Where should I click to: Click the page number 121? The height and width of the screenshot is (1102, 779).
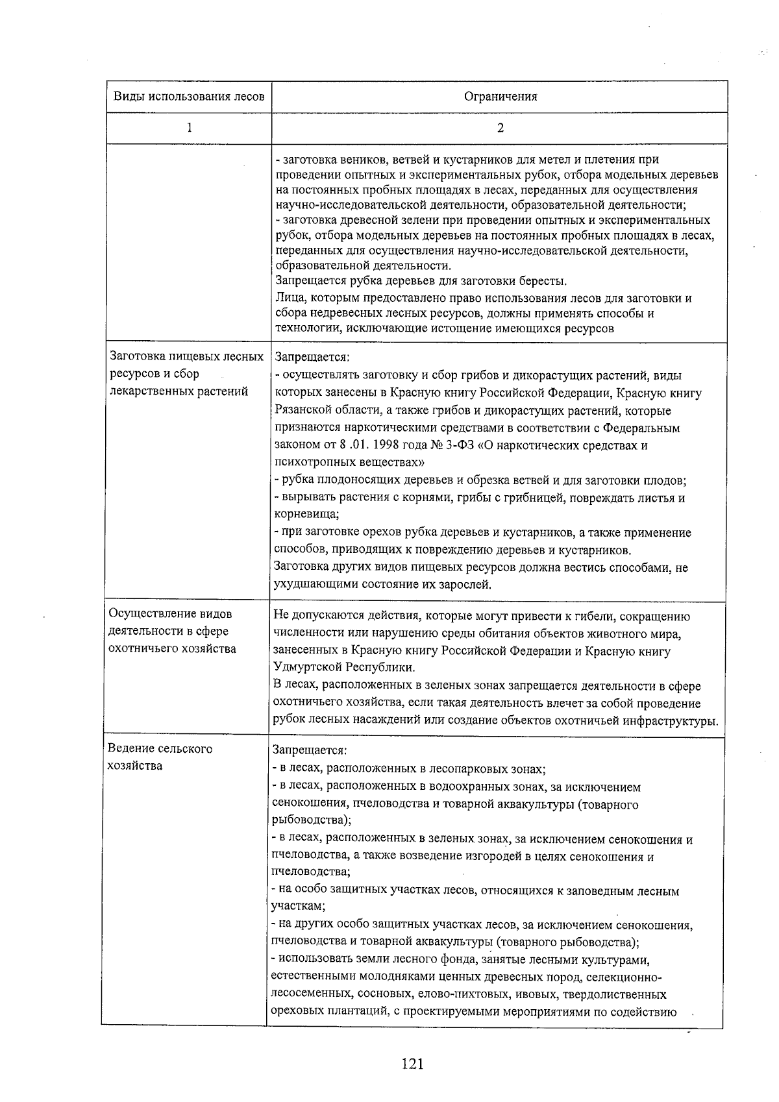tap(412, 1063)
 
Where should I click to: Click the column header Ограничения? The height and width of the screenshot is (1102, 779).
tap(500, 97)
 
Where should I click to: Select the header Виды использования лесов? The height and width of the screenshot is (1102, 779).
tap(189, 97)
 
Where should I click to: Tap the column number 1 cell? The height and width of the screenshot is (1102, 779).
tap(189, 128)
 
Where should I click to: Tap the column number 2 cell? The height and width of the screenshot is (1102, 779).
tap(500, 128)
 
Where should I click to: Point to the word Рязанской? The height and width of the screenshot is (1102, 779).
tap(301, 411)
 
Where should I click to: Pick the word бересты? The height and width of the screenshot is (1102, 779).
tap(543, 281)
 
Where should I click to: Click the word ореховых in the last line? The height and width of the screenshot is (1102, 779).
tap(295, 1012)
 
